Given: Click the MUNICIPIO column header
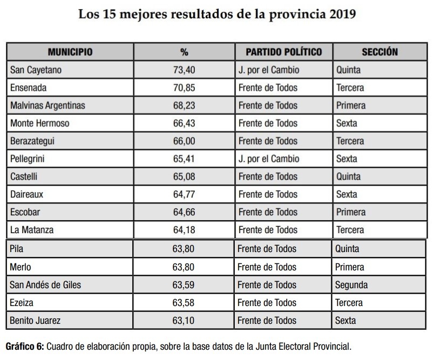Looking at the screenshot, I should [x=70, y=52].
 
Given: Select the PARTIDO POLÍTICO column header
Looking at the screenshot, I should [x=283, y=52].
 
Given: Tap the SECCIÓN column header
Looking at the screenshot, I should [x=379, y=52].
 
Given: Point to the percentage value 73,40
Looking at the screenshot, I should [x=183, y=70].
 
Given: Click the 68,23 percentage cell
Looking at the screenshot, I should [x=183, y=105].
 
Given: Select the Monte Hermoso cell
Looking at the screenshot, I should [x=40, y=123].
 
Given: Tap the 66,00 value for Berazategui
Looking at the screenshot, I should [x=183, y=141].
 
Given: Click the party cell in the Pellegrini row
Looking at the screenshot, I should [x=268, y=159].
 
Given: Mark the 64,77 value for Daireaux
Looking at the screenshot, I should [x=183, y=194].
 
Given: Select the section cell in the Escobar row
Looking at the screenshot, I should [x=351, y=212].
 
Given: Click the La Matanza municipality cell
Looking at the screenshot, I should [x=32, y=230].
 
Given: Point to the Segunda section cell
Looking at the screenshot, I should [x=351, y=285].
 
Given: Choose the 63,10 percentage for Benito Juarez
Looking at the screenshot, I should [x=183, y=321].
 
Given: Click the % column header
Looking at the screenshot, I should [x=184, y=52].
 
